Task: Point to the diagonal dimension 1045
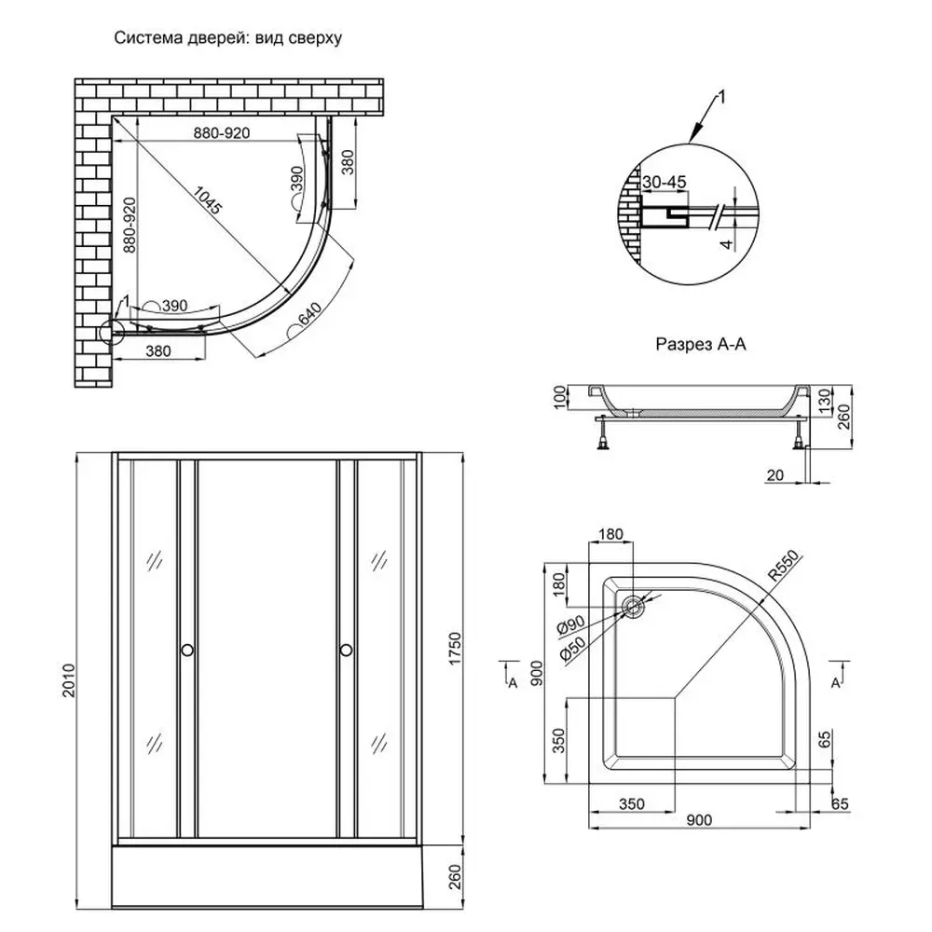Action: click(x=208, y=199)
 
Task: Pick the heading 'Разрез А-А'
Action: click(x=702, y=344)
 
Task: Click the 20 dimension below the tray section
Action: click(x=773, y=476)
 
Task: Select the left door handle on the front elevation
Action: click(x=187, y=650)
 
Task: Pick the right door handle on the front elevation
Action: click(x=346, y=650)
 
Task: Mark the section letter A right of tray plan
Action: click(x=836, y=684)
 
